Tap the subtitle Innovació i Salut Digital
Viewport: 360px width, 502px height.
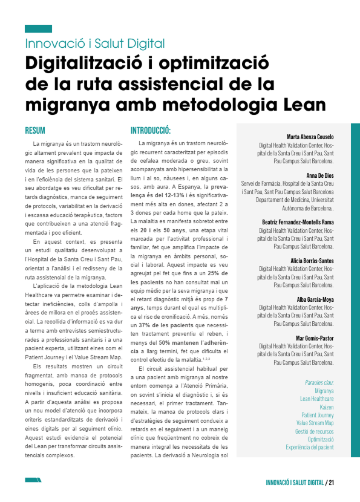(95, 44)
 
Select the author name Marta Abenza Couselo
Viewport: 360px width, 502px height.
(310, 137)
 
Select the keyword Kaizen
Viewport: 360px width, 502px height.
(326, 407)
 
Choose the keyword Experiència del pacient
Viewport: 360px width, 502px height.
(309, 447)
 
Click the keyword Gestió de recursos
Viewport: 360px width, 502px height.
(314, 431)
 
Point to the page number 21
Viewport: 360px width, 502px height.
(332, 483)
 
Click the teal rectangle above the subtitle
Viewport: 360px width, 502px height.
(38, 28)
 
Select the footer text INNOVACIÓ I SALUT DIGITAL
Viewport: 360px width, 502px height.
(295, 483)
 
